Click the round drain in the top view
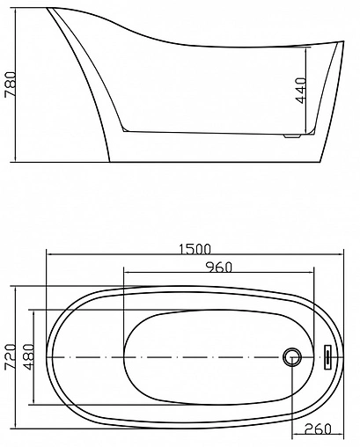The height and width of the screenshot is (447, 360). click(x=293, y=357)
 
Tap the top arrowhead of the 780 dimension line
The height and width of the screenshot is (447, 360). click(x=21, y=11)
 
